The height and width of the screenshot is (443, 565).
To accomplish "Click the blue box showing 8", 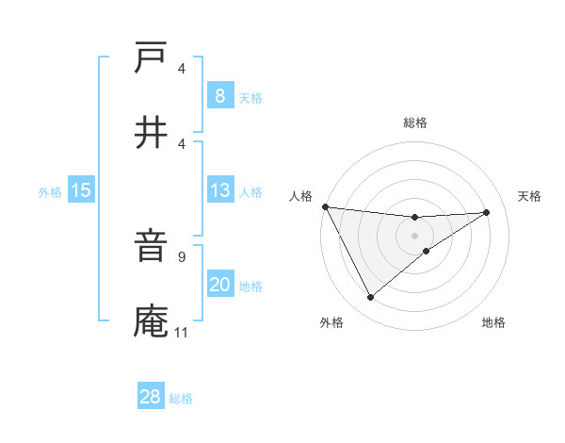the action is click(219, 95).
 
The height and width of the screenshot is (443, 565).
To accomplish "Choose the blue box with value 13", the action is click(219, 190).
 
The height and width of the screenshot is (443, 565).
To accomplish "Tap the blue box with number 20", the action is click(219, 285).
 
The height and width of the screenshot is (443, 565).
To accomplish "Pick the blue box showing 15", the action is click(81, 190).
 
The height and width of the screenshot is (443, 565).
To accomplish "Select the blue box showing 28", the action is click(150, 397).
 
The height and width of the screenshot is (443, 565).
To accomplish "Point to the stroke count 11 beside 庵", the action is click(181, 332).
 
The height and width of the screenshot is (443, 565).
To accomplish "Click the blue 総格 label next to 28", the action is click(181, 399).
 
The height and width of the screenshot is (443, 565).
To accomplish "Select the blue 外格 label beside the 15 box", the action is click(50, 192).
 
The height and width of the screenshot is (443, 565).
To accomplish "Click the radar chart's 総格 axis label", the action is click(414, 123).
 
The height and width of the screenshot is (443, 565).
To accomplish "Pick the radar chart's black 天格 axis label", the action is click(530, 196).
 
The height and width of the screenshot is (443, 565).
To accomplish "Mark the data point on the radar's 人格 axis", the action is click(325, 206).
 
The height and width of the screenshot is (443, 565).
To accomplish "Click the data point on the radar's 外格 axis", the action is click(370, 298).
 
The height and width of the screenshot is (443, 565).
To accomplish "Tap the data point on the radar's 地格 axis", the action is click(427, 251).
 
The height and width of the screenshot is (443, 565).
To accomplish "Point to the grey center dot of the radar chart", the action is click(414, 235).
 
